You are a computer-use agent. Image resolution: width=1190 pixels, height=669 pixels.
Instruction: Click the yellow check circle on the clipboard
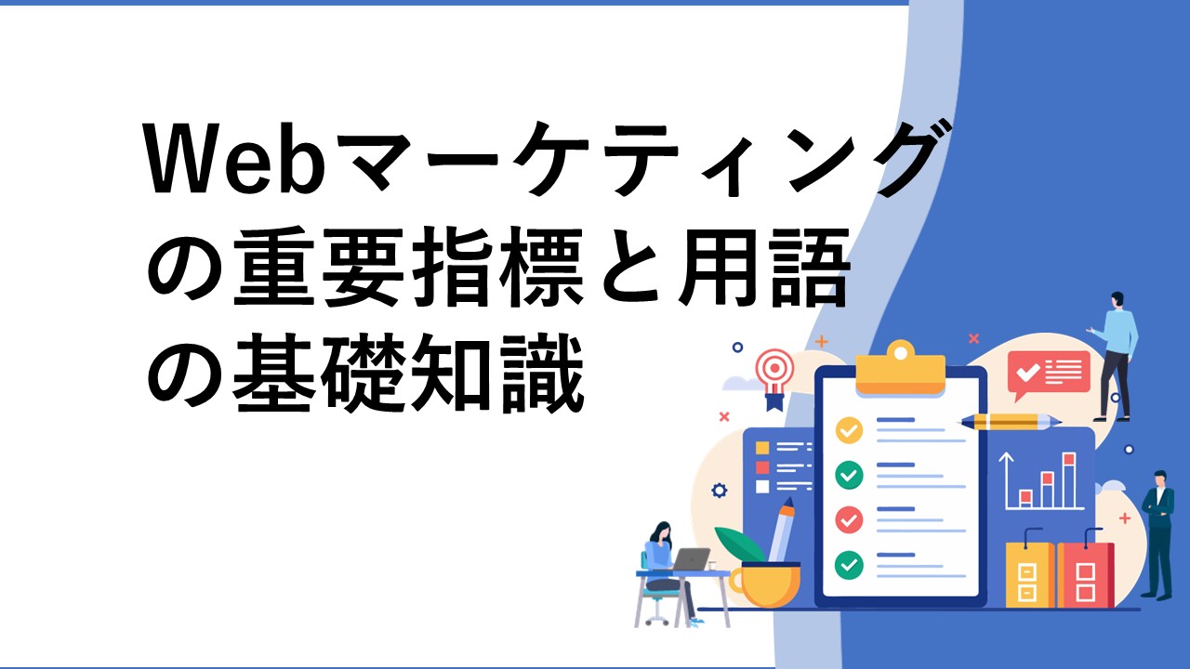click(849, 430)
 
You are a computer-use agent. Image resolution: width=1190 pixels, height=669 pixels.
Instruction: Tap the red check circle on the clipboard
click(849, 519)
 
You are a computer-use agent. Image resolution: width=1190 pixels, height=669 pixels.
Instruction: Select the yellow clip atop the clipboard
click(901, 369)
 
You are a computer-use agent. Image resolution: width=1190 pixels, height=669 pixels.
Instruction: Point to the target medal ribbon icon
click(775, 377)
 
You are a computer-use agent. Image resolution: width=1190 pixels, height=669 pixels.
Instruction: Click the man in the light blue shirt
click(1115, 356)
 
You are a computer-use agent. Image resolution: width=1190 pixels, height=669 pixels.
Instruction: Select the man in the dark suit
click(1158, 534)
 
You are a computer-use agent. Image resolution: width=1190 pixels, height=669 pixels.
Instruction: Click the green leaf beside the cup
click(738, 544)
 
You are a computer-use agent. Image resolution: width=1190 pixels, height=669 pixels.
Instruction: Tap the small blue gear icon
click(719, 490)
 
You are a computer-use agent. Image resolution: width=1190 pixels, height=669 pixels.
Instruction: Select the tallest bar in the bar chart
click(1069, 480)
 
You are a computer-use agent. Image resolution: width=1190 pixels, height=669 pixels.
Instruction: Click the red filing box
click(1085, 574)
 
